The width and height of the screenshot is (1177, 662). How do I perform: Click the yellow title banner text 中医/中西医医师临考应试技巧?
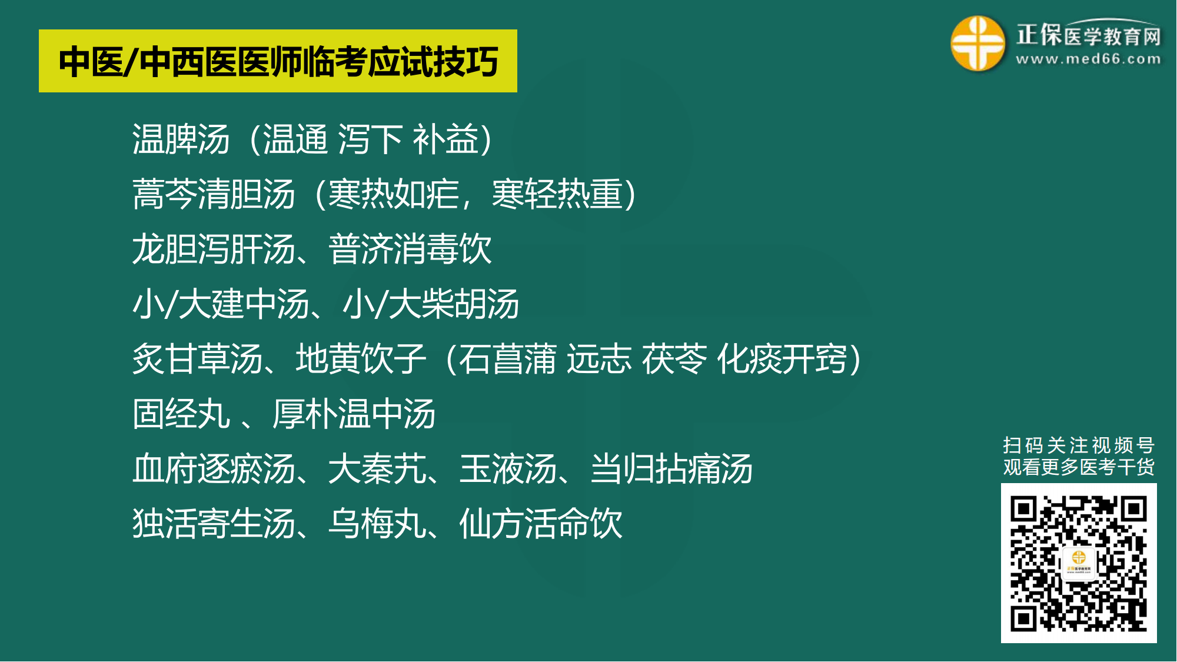click(278, 62)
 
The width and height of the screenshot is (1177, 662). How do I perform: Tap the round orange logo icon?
click(977, 43)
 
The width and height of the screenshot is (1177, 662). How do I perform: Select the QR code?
click(1079, 563)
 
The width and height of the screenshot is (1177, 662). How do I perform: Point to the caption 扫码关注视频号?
click(1079, 445)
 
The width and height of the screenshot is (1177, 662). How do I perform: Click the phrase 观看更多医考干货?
click(1079, 467)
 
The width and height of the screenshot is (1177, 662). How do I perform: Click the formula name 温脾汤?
click(181, 139)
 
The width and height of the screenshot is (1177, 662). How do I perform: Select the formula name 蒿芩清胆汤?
click(214, 194)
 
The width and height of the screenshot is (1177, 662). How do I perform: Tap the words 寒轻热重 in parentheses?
click(557, 194)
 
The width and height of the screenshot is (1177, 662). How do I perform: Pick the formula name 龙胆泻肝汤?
click(214, 249)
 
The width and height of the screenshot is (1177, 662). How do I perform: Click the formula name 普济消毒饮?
click(410, 249)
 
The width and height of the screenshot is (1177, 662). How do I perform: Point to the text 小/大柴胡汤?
click(431, 304)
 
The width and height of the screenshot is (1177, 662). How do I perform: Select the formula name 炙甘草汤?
click(197, 359)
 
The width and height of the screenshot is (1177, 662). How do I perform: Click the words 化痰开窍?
click(782, 359)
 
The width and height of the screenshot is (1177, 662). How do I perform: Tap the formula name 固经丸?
click(181, 414)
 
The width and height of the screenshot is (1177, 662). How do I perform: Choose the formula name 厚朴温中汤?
click(354, 414)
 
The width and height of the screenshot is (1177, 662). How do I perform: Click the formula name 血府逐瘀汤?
click(214, 469)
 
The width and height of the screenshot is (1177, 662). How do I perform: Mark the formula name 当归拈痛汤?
click(671, 469)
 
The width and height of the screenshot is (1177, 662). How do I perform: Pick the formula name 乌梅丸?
click(377, 524)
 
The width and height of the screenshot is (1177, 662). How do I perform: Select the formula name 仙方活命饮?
click(541, 524)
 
